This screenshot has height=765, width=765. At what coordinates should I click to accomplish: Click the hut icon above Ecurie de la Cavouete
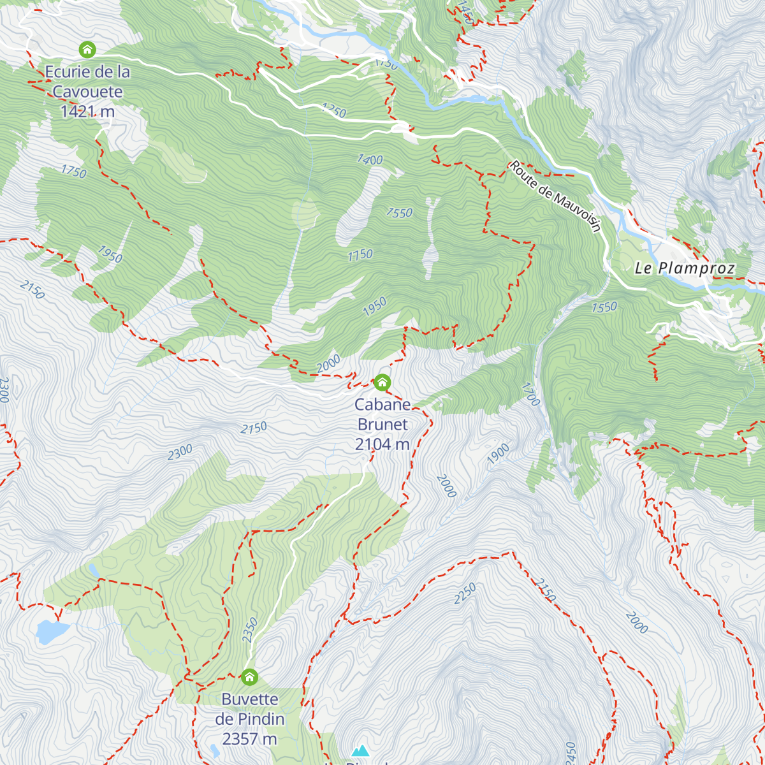click(87, 49)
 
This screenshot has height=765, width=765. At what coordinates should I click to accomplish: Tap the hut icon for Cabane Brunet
click(382, 382)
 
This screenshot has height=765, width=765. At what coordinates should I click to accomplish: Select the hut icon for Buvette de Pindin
click(249, 676)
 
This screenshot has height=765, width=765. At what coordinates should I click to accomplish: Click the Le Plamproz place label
click(685, 268)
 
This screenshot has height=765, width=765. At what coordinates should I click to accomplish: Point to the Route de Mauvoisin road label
click(555, 196)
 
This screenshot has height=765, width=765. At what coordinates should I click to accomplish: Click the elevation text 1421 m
click(87, 112)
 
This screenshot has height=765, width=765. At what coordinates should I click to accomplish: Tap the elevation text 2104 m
click(382, 444)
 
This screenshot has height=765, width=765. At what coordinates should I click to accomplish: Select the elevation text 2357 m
click(249, 739)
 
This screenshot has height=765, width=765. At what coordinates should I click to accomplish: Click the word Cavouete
click(87, 92)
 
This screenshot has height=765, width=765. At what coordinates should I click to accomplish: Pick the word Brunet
click(382, 425)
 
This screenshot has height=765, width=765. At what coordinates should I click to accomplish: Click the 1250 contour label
click(333, 111)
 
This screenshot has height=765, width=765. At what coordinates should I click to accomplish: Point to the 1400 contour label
click(370, 159)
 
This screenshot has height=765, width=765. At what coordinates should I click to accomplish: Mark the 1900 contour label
click(499, 453)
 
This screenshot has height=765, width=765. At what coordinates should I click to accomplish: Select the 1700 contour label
click(530, 394)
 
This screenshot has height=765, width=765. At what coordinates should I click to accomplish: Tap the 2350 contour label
click(250, 630)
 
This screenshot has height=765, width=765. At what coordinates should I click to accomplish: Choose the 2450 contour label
click(571, 752)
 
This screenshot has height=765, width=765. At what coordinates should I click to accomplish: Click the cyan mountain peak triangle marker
click(360, 751)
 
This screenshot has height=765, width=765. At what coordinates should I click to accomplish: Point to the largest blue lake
click(52, 630)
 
